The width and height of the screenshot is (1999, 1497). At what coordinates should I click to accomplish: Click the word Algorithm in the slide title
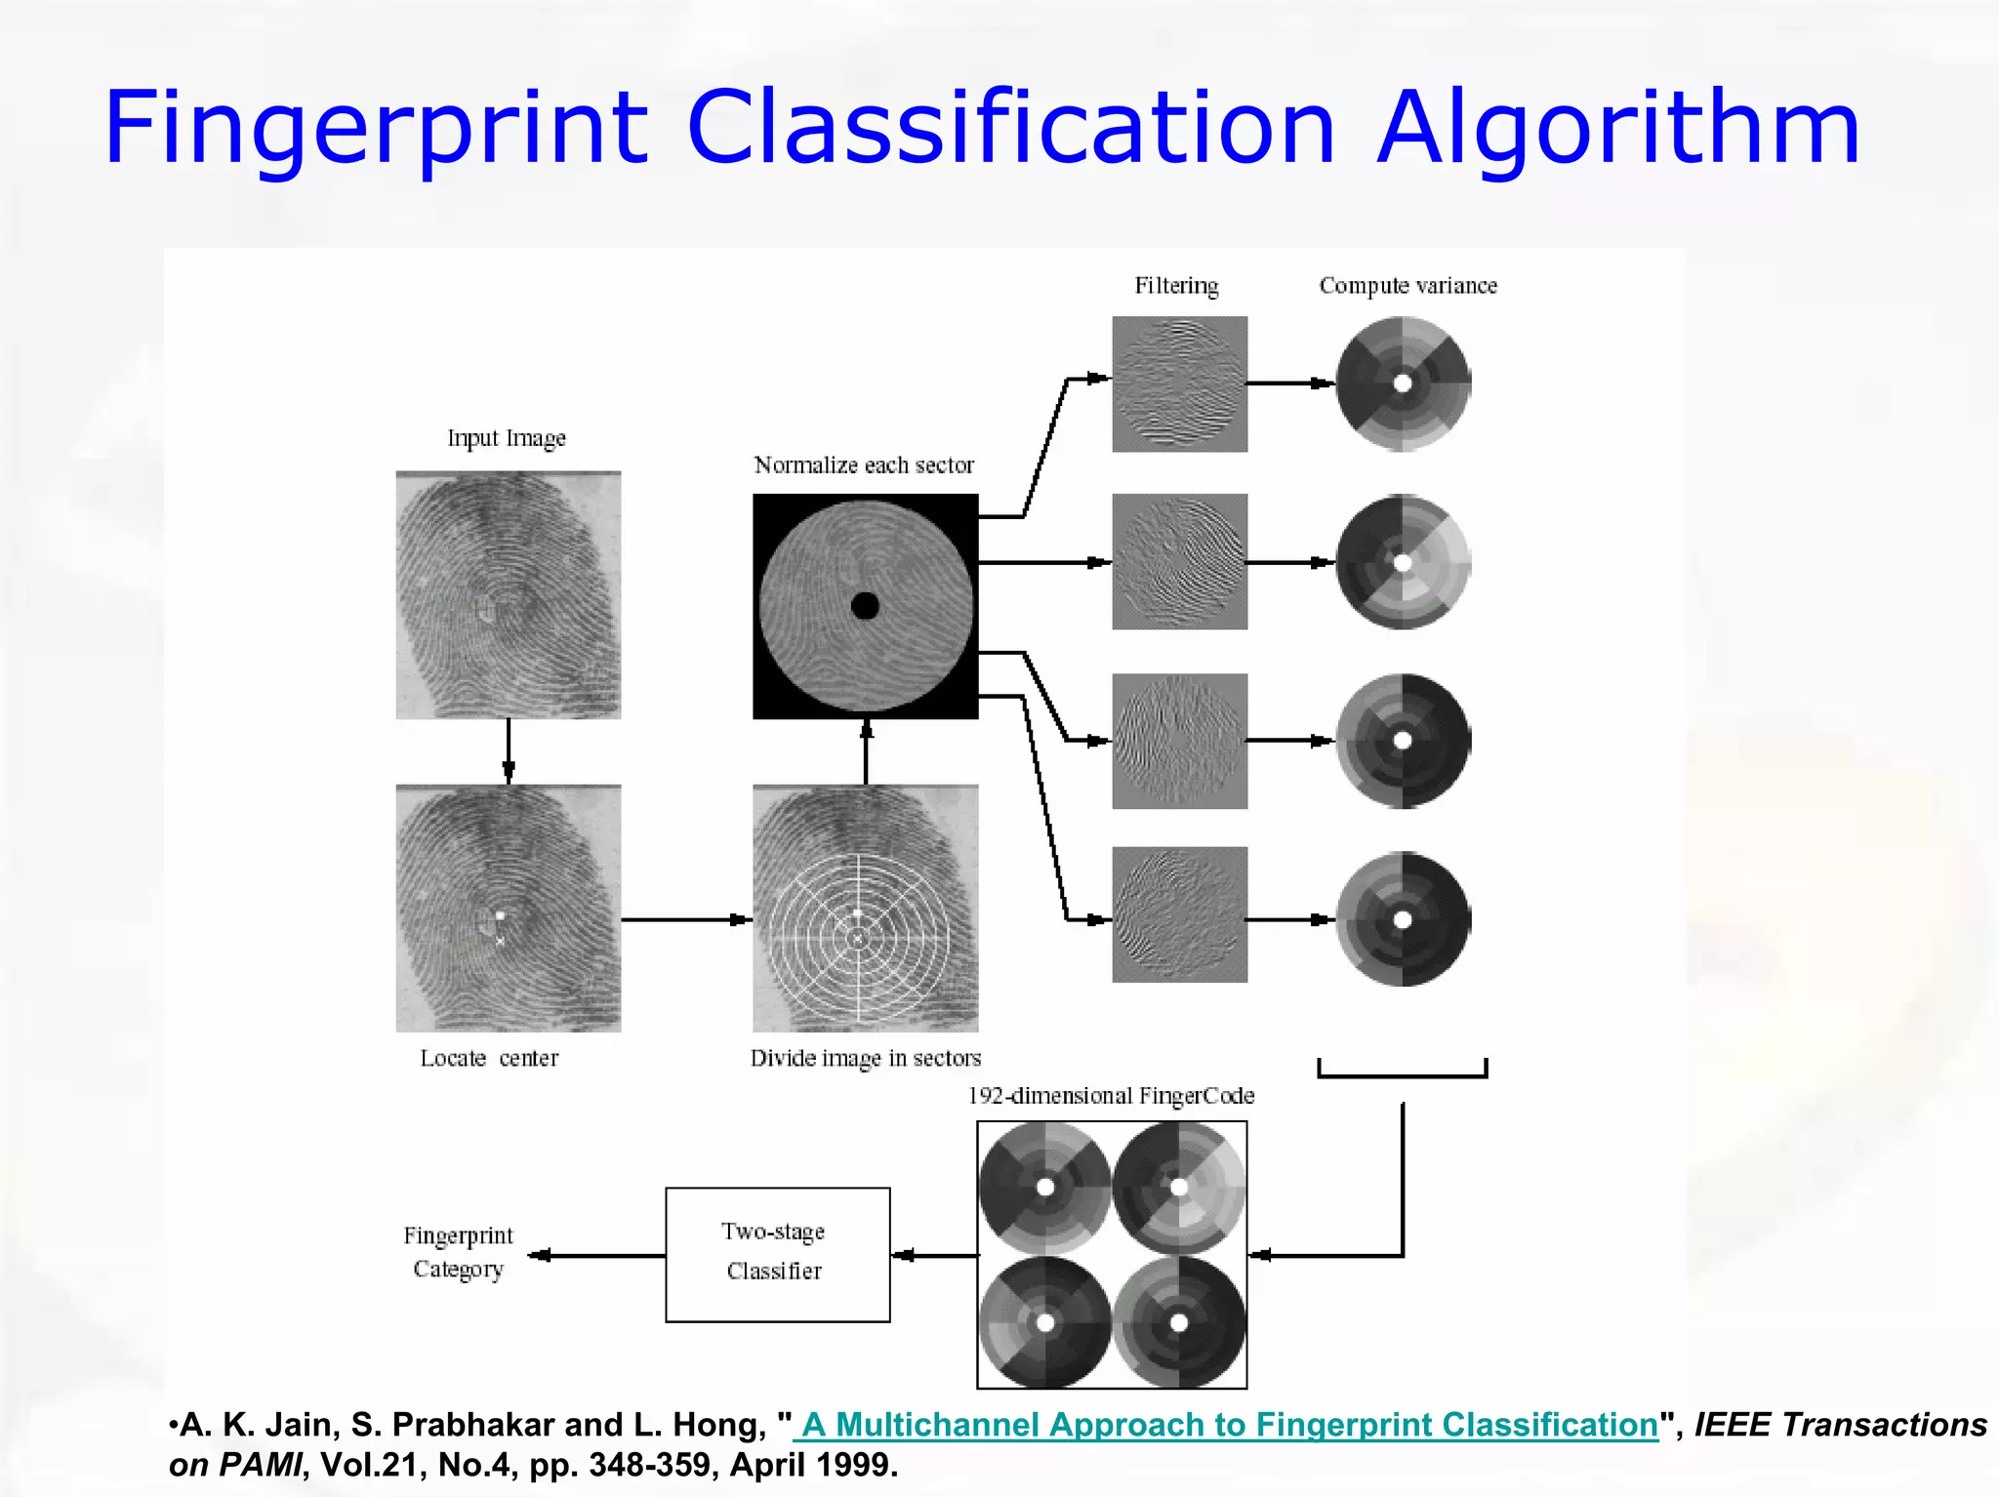[x=1617, y=129]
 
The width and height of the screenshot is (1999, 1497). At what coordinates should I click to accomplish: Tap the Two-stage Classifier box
[x=777, y=1254]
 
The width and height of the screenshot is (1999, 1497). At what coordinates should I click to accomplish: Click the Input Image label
[x=507, y=438]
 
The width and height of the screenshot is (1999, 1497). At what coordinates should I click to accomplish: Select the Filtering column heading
[x=1176, y=286]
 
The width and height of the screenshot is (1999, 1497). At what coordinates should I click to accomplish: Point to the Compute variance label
[x=1407, y=286]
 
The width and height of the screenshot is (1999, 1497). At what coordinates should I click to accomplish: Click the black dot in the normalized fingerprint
[x=865, y=606]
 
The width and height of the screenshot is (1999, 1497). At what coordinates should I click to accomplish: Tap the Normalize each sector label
[x=864, y=465]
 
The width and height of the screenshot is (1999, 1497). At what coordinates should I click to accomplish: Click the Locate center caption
[x=489, y=1058]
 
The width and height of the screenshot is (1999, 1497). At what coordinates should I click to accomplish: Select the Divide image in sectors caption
[x=865, y=1058]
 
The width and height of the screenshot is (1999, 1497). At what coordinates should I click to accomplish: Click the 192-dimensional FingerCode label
[x=1111, y=1096]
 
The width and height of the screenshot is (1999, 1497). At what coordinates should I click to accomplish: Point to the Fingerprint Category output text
[x=458, y=1252]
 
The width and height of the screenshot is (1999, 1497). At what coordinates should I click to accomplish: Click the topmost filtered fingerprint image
[x=1179, y=384]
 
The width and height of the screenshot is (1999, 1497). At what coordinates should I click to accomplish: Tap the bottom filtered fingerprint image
[x=1179, y=914]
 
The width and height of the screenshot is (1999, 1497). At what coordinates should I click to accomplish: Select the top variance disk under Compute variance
[x=1403, y=384]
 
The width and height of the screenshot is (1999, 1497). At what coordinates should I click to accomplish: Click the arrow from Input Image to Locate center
[x=508, y=751]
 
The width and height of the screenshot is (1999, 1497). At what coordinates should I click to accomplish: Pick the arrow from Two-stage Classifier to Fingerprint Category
[x=596, y=1255]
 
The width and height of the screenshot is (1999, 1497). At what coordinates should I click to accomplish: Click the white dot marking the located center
[x=500, y=915]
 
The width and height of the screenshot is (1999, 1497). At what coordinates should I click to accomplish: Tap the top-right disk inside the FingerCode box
[x=1179, y=1188]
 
